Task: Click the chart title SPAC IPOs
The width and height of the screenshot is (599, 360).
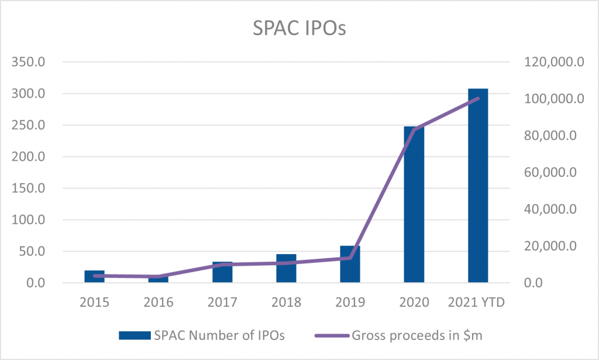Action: (x=299, y=28)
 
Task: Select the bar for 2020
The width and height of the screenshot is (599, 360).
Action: (x=414, y=205)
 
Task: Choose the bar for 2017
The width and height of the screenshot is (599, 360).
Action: (x=222, y=273)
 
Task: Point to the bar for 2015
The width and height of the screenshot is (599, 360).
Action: (x=94, y=277)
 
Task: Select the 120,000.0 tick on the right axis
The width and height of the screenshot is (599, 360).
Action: (x=550, y=62)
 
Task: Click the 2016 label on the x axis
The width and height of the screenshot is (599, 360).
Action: (x=158, y=303)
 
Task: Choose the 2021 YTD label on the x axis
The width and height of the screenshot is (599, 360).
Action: (x=478, y=303)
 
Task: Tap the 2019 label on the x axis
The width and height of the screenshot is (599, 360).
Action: (x=350, y=303)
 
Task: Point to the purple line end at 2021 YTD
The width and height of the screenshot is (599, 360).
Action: (x=478, y=98)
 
